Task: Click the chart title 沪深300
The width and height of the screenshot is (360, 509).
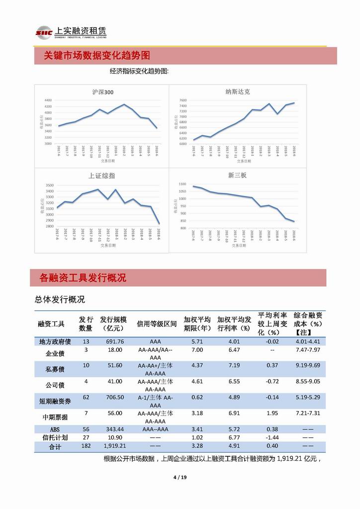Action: click(x=103, y=92)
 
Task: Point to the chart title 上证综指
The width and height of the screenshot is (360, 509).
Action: click(x=102, y=176)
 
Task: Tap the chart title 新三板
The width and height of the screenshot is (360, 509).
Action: click(x=237, y=176)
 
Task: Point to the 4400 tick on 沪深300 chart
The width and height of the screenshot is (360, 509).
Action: click(x=48, y=100)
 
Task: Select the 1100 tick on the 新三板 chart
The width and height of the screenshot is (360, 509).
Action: click(x=182, y=184)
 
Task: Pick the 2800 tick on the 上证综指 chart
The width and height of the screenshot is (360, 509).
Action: click(x=49, y=226)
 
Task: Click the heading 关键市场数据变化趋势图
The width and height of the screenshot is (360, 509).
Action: click(x=96, y=55)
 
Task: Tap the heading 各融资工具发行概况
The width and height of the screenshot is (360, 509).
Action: click(x=83, y=278)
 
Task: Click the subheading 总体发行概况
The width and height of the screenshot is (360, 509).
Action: click(x=60, y=300)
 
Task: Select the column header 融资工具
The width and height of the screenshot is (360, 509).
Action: click(x=51, y=324)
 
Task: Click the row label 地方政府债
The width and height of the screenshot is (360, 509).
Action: click(x=55, y=342)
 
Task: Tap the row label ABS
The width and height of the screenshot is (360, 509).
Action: click(x=55, y=429)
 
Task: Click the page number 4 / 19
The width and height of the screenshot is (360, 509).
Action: click(x=180, y=478)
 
